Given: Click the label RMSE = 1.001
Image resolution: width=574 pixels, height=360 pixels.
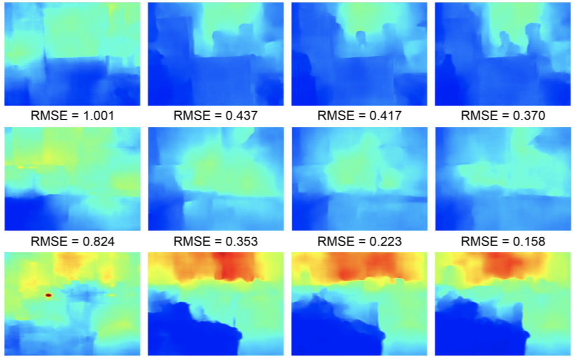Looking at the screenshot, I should [72, 116].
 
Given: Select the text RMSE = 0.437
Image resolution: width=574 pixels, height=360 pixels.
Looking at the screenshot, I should [215, 116].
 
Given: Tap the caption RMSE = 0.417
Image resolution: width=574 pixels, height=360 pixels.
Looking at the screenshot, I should [359, 116].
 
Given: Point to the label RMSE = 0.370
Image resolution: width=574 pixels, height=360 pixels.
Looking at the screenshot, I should [502, 116].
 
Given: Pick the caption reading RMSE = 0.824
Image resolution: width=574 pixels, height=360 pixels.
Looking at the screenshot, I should [72, 241].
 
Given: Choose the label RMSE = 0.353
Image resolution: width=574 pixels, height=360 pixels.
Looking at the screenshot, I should [215, 241].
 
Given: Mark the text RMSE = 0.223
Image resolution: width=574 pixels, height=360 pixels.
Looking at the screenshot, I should [359, 241].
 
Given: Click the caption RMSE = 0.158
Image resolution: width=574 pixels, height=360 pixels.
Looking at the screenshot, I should [502, 241].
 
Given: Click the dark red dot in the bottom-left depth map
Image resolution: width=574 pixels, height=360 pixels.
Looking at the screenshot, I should [48, 296].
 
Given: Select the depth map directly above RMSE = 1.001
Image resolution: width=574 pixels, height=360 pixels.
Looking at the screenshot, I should [72, 54].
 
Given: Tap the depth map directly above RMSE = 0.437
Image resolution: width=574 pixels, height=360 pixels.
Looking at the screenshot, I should [215, 54].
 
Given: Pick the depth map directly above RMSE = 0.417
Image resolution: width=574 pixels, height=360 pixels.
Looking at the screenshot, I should [359, 54].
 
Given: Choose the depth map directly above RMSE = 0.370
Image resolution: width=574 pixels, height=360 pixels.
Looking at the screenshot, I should [502, 54].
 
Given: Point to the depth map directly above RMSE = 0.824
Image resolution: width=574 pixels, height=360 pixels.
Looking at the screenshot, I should [72, 179].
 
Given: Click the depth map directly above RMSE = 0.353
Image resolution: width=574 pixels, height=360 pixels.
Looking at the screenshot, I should [215, 179].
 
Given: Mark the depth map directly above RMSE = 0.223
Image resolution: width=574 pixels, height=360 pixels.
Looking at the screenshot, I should [359, 179].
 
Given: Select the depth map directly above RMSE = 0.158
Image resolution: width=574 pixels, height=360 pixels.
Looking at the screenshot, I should [502, 179].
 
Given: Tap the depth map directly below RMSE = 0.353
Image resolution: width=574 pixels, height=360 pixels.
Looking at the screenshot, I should [215, 304].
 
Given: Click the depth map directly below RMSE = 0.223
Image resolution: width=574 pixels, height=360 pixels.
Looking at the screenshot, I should [359, 304].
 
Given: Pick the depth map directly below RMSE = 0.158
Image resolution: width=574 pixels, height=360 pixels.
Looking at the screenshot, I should [502, 304].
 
